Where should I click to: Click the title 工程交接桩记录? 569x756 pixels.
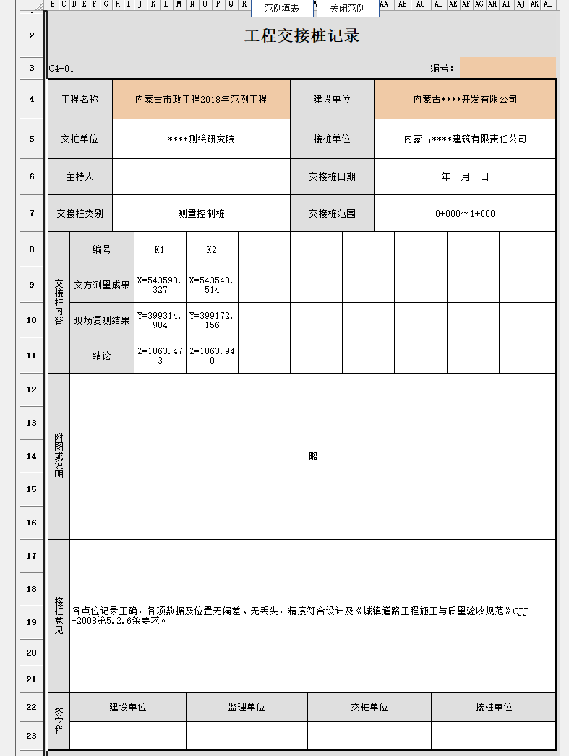point(302,36)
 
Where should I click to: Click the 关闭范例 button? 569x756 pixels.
point(348,9)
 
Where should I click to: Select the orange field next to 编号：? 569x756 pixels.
point(508,68)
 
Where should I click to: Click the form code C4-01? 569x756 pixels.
point(61,69)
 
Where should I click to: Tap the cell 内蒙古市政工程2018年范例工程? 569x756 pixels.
point(201,99)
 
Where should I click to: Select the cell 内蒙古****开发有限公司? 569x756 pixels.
point(465,99)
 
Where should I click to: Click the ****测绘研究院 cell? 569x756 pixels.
point(201,139)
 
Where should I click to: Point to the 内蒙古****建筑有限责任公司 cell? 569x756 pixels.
point(465,139)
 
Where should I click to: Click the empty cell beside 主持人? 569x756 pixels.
point(201,176)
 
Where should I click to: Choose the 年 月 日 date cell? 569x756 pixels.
point(465,176)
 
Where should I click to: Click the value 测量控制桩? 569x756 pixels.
point(201,213)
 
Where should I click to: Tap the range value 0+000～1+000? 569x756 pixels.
point(465,213)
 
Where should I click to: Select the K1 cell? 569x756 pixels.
point(160,250)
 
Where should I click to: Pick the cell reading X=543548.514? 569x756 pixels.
point(212,284)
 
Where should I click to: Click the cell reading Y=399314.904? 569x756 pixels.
point(160,320)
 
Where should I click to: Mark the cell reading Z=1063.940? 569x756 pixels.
point(212,356)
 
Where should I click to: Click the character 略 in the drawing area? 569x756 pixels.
point(313,456)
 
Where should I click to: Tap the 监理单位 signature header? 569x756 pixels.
point(247,708)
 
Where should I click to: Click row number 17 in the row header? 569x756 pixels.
point(31,556)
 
